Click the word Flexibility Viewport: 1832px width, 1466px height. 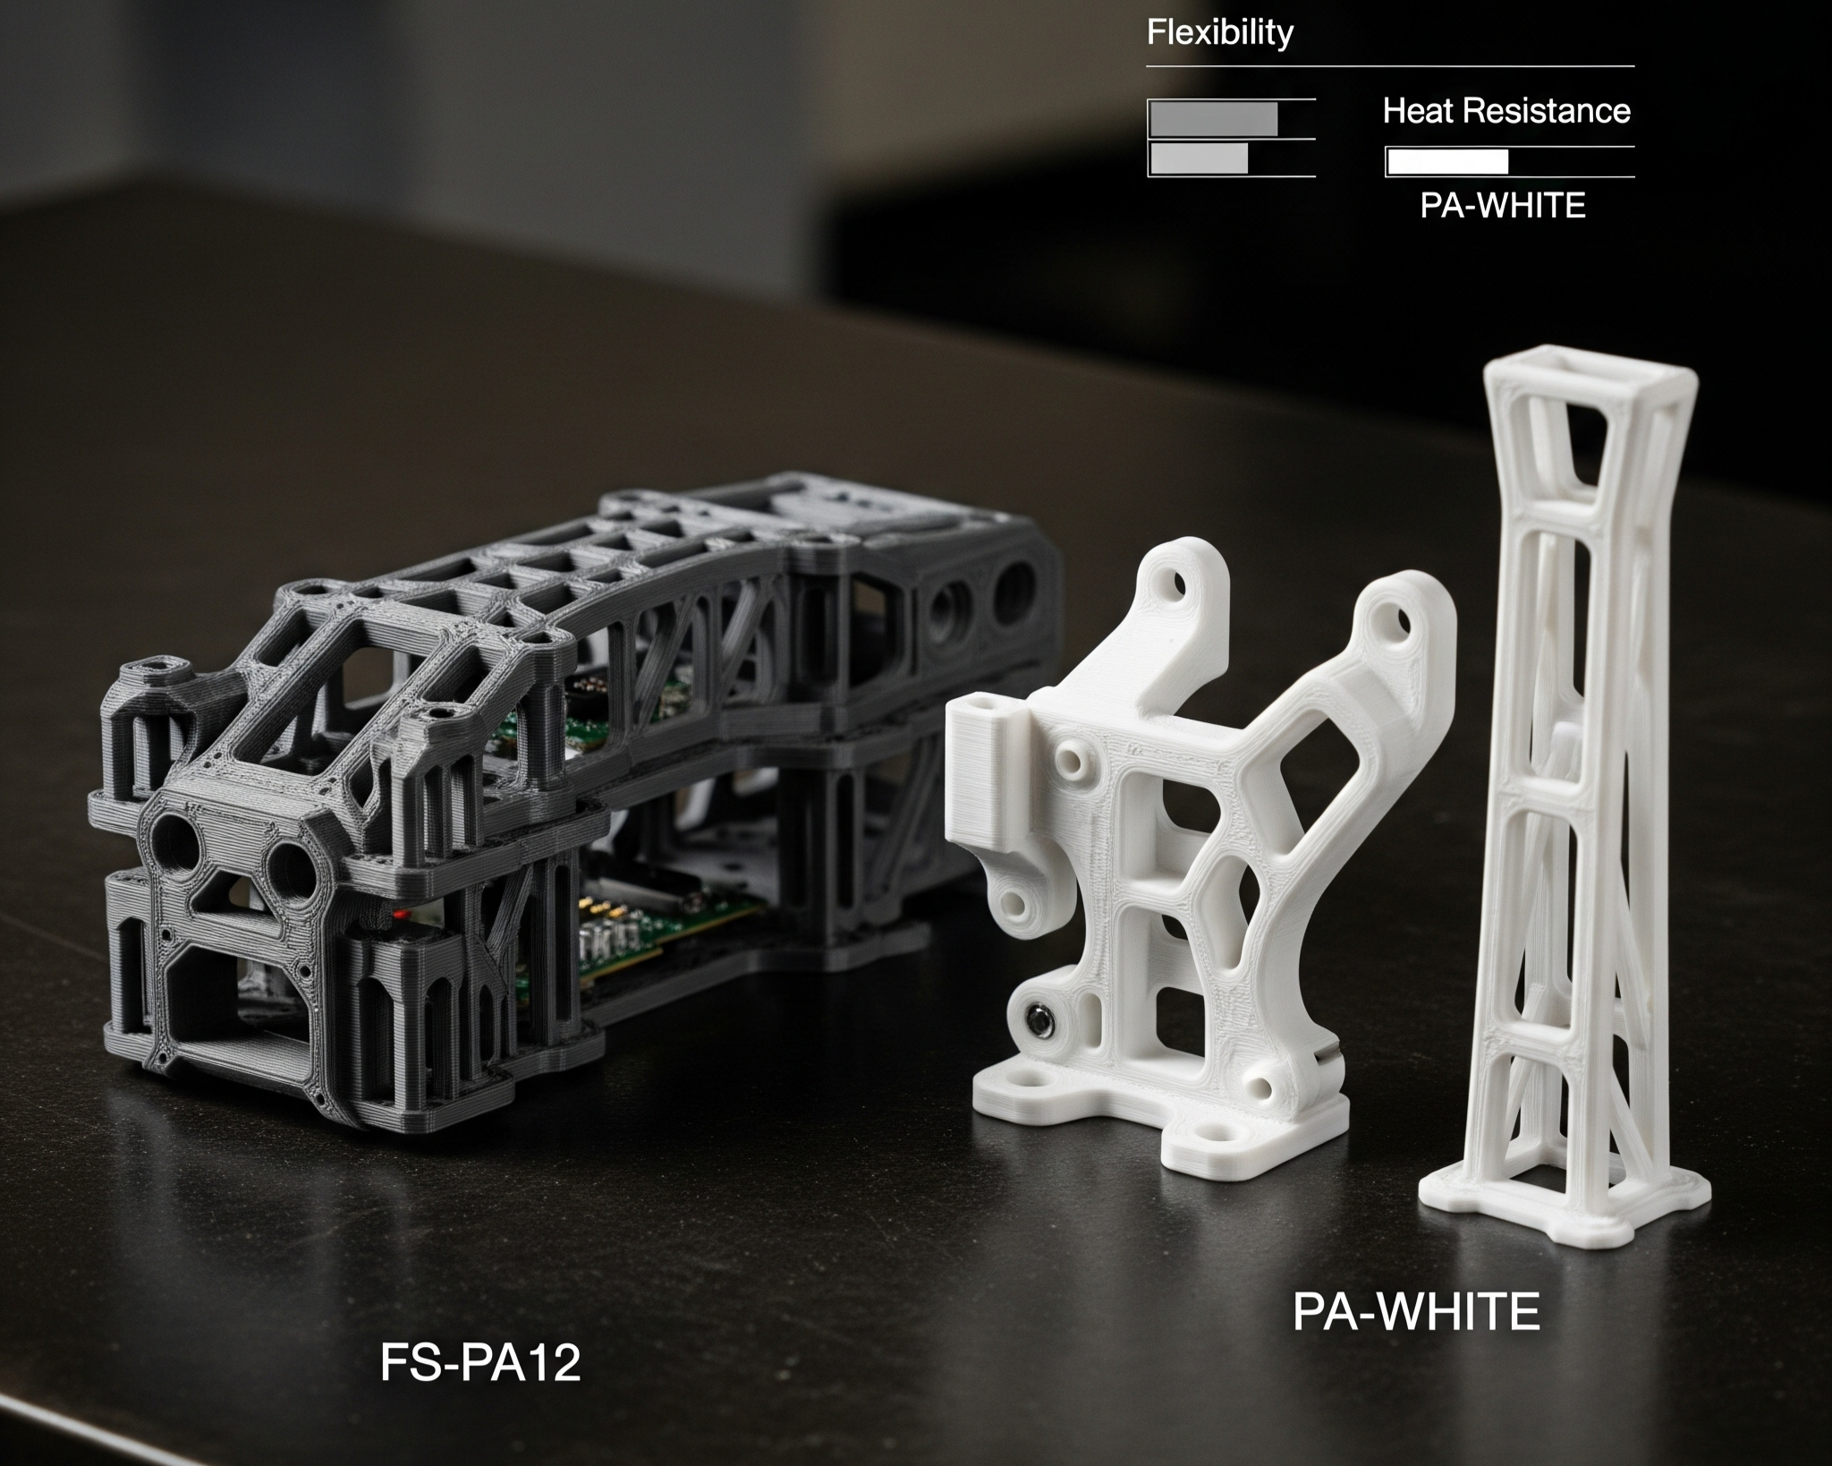click(x=1219, y=33)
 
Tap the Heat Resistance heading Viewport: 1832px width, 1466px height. click(x=1506, y=111)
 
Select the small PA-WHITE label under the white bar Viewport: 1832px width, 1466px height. click(x=1503, y=206)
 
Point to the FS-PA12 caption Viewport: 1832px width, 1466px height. click(x=480, y=1364)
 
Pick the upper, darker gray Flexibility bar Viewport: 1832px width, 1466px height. click(x=1214, y=118)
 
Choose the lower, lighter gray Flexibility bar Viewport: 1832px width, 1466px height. click(x=1200, y=158)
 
